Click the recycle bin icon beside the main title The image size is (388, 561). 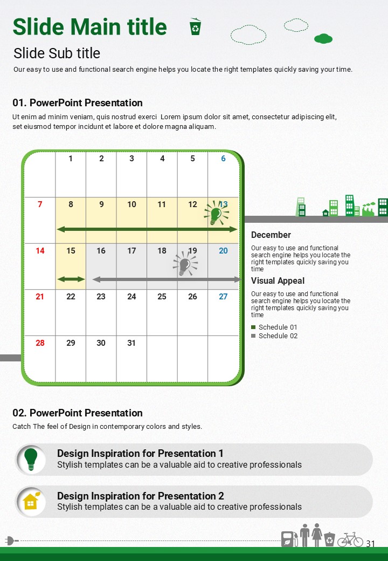pos(195,26)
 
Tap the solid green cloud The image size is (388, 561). pos(323,39)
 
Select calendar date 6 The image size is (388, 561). pos(223,159)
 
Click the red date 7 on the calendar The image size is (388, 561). pos(40,204)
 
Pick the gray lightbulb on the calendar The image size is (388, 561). pos(185,264)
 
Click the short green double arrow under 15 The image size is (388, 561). pos(71,279)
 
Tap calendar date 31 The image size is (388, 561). pos(131,343)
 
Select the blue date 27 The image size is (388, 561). pos(223,297)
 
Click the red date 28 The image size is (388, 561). pos(40,343)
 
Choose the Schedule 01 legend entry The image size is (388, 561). pos(274,327)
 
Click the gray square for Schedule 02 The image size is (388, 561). pos(253,336)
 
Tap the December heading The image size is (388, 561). pos(271,235)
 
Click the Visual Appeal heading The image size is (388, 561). pos(278,281)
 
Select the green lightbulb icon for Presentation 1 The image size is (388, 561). pos(31,459)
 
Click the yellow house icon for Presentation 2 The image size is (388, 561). pos(31,501)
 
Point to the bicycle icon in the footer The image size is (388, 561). pos(350,539)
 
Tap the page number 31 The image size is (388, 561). pos(371,544)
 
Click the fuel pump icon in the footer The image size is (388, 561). pos(289,539)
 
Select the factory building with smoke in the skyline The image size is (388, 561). pos(369,209)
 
